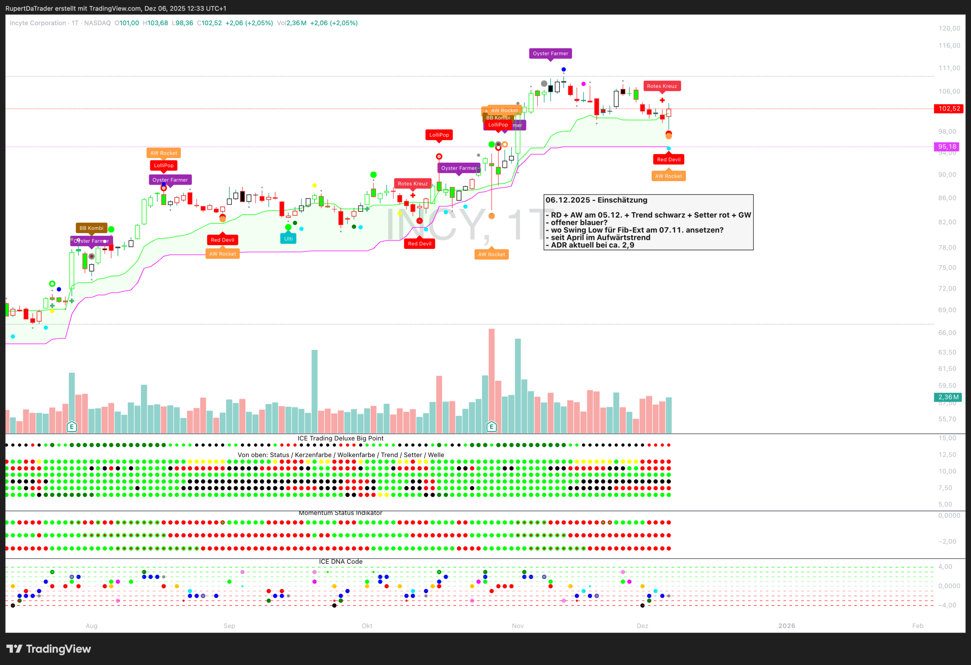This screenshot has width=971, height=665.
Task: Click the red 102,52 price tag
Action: click(x=949, y=109)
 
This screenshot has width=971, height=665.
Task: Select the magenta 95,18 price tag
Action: click(x=947, y=147)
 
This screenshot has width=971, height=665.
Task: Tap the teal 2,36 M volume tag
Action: click(x=948, y=397)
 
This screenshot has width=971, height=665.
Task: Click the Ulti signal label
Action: click(x=288, y=238)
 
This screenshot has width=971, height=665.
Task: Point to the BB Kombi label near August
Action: click(x=91, y=228)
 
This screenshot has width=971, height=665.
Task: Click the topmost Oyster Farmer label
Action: click(x=550, y=54)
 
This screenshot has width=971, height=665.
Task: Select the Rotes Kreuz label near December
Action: click(x=662, y=86)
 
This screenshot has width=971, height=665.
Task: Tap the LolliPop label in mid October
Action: click(x=439, y=135)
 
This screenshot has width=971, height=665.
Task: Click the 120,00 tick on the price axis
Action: click(x=949, y=28)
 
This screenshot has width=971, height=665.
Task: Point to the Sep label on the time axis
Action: click(x=229, y=626)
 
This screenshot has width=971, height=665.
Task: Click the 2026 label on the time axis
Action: click(x=787, y=626)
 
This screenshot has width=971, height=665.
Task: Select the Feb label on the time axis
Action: click(x=917, y=626)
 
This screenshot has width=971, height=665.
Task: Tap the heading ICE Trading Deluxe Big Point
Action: click(x=340, y=438)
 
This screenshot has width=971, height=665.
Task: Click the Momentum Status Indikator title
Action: click(x=340, y=513)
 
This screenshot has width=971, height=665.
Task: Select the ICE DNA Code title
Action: click(x=341, y=561)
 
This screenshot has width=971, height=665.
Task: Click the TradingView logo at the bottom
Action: click(x=49, y=649)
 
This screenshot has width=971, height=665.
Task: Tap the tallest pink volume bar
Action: click(x=491, y=380)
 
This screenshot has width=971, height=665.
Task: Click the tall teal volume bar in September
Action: click(x=314, y=391)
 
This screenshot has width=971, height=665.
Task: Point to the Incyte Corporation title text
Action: click(x=38, y=23)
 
